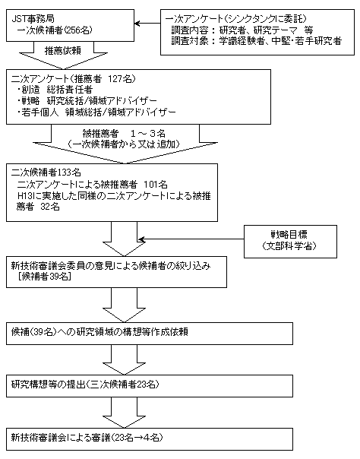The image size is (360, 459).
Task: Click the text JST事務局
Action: tap(33, 19)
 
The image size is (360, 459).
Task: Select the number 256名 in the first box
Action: tap(78, 30)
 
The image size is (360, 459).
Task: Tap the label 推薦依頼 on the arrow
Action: tap(63, 51)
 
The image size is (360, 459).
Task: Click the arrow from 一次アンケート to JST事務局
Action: tap(147, 24)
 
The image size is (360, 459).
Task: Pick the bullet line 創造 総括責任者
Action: tap(55, 90)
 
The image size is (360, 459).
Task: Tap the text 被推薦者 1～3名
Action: tap(124, 134)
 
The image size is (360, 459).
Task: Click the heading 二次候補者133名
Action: tap(46, 173)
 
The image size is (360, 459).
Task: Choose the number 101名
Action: tap(156, 185)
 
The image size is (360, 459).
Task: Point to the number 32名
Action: tap(50, 207)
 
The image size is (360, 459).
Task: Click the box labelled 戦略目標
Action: tap(290, 242)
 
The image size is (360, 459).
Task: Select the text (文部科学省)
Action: tap(289, 246)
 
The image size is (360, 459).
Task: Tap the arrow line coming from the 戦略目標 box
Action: tap(191, 239)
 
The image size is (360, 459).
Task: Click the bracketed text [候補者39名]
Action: tap(44, 277)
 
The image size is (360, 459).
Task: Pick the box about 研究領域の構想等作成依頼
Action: tap(150, 334)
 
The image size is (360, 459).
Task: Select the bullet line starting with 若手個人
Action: tap(96, 112)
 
